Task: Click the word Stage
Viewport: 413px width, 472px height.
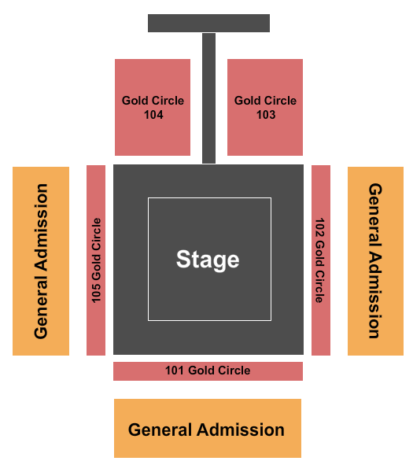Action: tap(208, 260)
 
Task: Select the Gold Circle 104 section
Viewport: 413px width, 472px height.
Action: tap(153, 107)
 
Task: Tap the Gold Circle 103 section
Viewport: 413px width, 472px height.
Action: tap(265, 107)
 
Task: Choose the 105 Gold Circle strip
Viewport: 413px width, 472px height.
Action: tap(96, 260)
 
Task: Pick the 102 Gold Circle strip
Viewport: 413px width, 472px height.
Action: tap(321, 260)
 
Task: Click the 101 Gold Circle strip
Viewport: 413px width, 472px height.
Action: tap(208, 371)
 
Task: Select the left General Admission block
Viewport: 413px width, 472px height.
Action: tap(41, 261)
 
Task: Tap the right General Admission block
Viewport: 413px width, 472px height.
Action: tap(376, 261)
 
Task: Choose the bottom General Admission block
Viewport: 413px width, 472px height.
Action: tap(208, 428)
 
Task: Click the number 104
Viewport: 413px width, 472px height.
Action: tap(153, 115)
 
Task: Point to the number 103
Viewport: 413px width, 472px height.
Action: tap(266, 115)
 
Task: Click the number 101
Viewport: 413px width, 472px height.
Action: tap(175, 371)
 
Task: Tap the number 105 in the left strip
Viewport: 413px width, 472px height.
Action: tap(96, 293)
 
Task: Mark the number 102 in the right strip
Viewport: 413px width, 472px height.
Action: tap(319, 227)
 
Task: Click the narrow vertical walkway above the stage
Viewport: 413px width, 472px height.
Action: tap(209, 98)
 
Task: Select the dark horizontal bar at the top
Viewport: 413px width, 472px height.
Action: tap(209, 23)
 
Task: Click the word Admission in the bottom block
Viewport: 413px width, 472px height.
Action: tap(241, 430)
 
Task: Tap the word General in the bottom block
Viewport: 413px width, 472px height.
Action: tap(160, 430)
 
